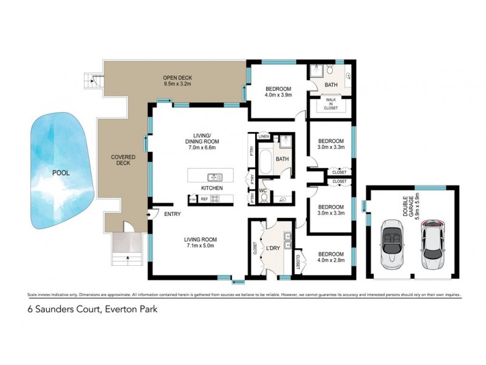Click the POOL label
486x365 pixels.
[61, 173]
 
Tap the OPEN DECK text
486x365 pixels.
[177, 77]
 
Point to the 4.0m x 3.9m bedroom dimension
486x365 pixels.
[278, 95]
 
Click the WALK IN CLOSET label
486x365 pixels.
[330, 103]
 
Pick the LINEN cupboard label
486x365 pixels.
[263, 136]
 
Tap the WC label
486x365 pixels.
[264, 191]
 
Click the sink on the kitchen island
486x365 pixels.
[214, 177]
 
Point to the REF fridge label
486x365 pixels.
[204, 199]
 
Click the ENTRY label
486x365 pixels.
[172, 214]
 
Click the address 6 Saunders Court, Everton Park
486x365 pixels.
[92, 309]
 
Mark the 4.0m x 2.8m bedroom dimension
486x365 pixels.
[330, 260]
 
